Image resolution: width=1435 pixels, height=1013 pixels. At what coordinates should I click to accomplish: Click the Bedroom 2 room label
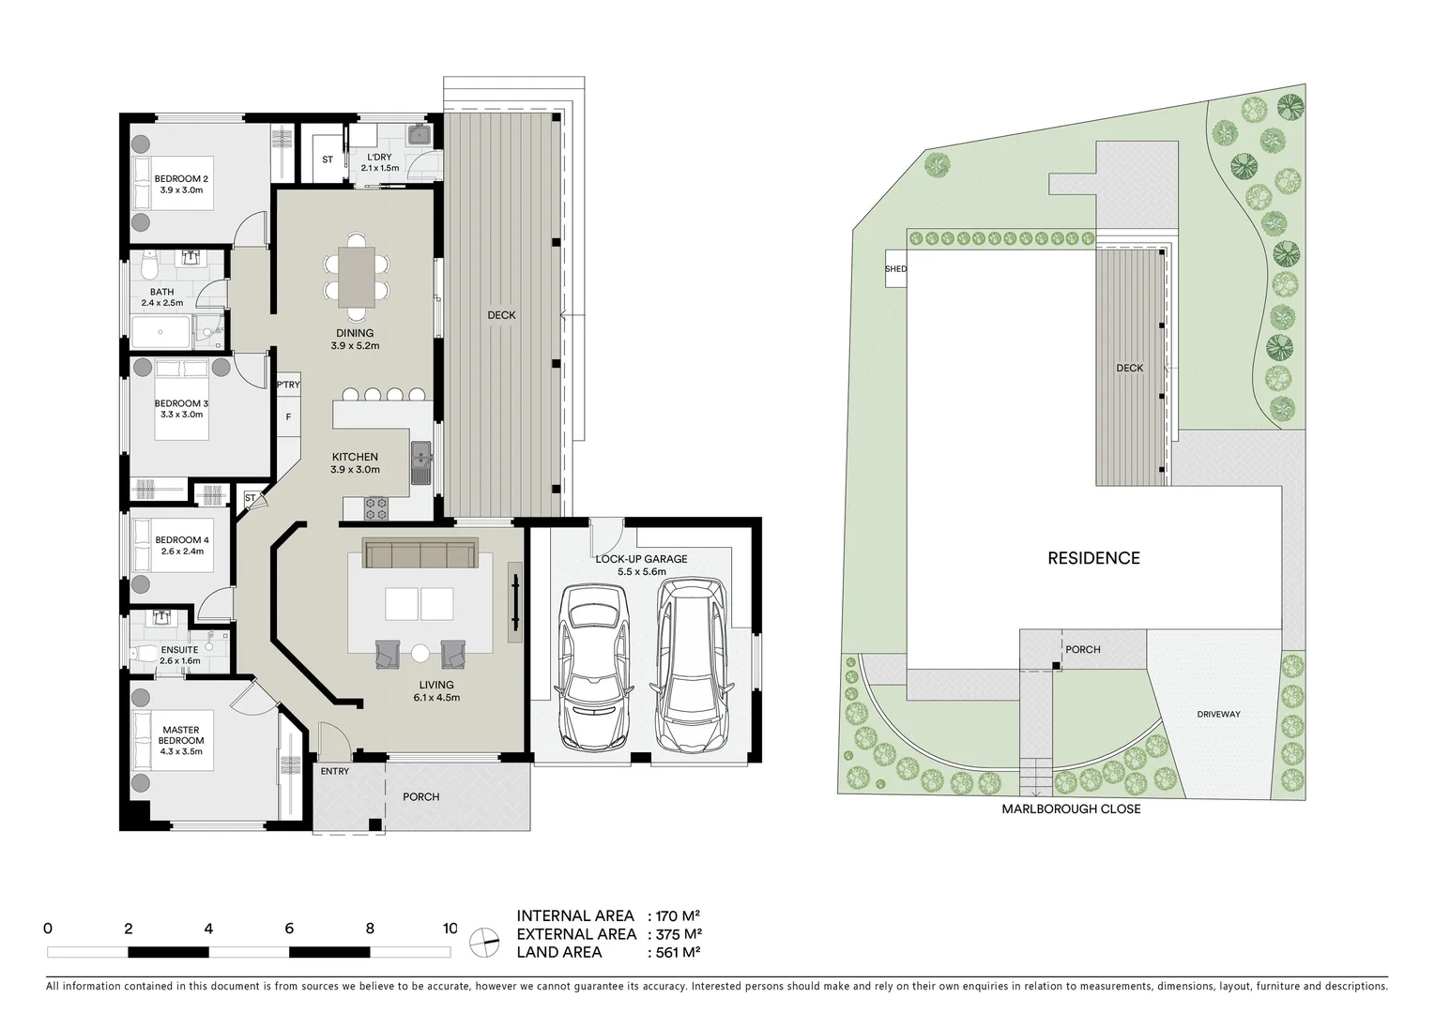[x=181, y=178]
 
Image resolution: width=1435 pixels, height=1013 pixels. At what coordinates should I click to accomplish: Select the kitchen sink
[x=420, y=463]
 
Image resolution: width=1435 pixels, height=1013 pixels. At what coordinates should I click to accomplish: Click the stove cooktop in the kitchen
[x=376, y=509]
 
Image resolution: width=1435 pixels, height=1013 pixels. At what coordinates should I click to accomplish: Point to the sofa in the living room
[x=420, y=554]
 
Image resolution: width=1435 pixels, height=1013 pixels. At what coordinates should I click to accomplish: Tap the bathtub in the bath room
[x=162, y=332]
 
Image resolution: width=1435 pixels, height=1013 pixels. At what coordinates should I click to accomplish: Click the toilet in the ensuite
[x=143, y=655]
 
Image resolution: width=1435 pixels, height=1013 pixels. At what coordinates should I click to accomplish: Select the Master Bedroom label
[x=181, y=734]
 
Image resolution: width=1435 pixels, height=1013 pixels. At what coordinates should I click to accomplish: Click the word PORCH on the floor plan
[x=421, y=797]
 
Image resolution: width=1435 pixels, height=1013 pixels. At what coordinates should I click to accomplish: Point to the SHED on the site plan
[x=895, y=269]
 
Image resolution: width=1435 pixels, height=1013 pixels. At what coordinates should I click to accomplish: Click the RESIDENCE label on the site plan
[x=1093, y=558]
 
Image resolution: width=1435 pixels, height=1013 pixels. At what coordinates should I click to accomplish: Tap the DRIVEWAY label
[x=1218, y=714]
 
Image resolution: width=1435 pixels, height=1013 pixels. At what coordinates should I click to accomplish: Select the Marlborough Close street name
[x=1070, y=809]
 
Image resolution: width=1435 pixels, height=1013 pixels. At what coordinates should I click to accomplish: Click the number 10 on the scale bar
[x=450, y=929]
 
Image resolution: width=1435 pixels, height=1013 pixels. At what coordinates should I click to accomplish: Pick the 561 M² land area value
[x=674, y=952]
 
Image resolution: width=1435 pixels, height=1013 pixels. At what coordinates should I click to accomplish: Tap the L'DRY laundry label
[x=379, y=157]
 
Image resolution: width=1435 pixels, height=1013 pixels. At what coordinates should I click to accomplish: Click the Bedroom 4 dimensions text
[x=182, y=552]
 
